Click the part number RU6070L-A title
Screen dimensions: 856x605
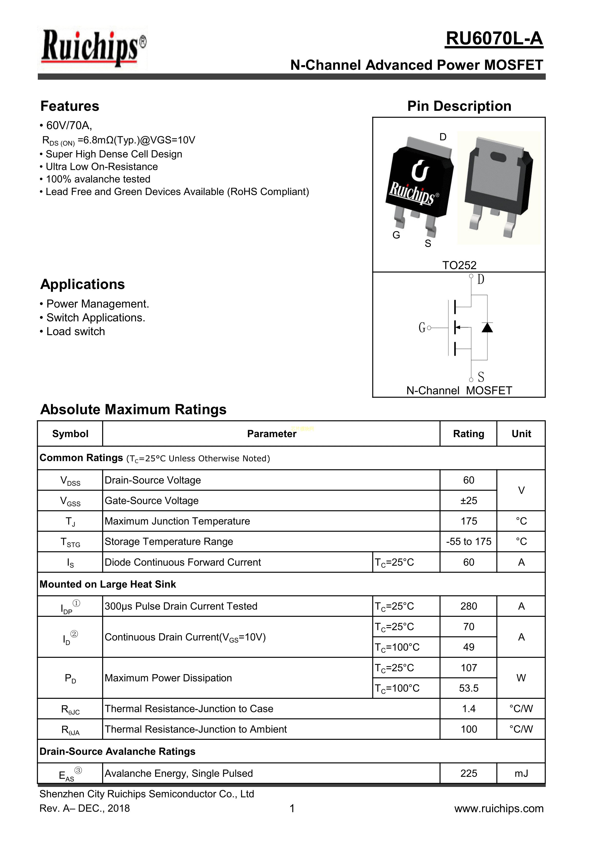(x=494, y=39)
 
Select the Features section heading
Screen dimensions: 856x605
(x=70, y=106)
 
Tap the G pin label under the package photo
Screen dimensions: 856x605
(x=396, y=235)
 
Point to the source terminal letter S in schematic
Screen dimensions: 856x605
(x=481, y=377)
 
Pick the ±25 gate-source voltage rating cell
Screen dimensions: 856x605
(x=468, y=501)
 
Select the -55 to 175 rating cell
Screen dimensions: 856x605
(x=468, y=541)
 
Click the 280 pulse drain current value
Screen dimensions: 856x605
(x=468, y=606)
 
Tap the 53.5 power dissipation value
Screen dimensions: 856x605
(x=468, y=688)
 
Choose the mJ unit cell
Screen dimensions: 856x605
(x=521, y=773)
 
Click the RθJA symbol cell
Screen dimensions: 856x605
(x=70, y=730)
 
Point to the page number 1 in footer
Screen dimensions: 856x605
(x=292, y=808)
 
